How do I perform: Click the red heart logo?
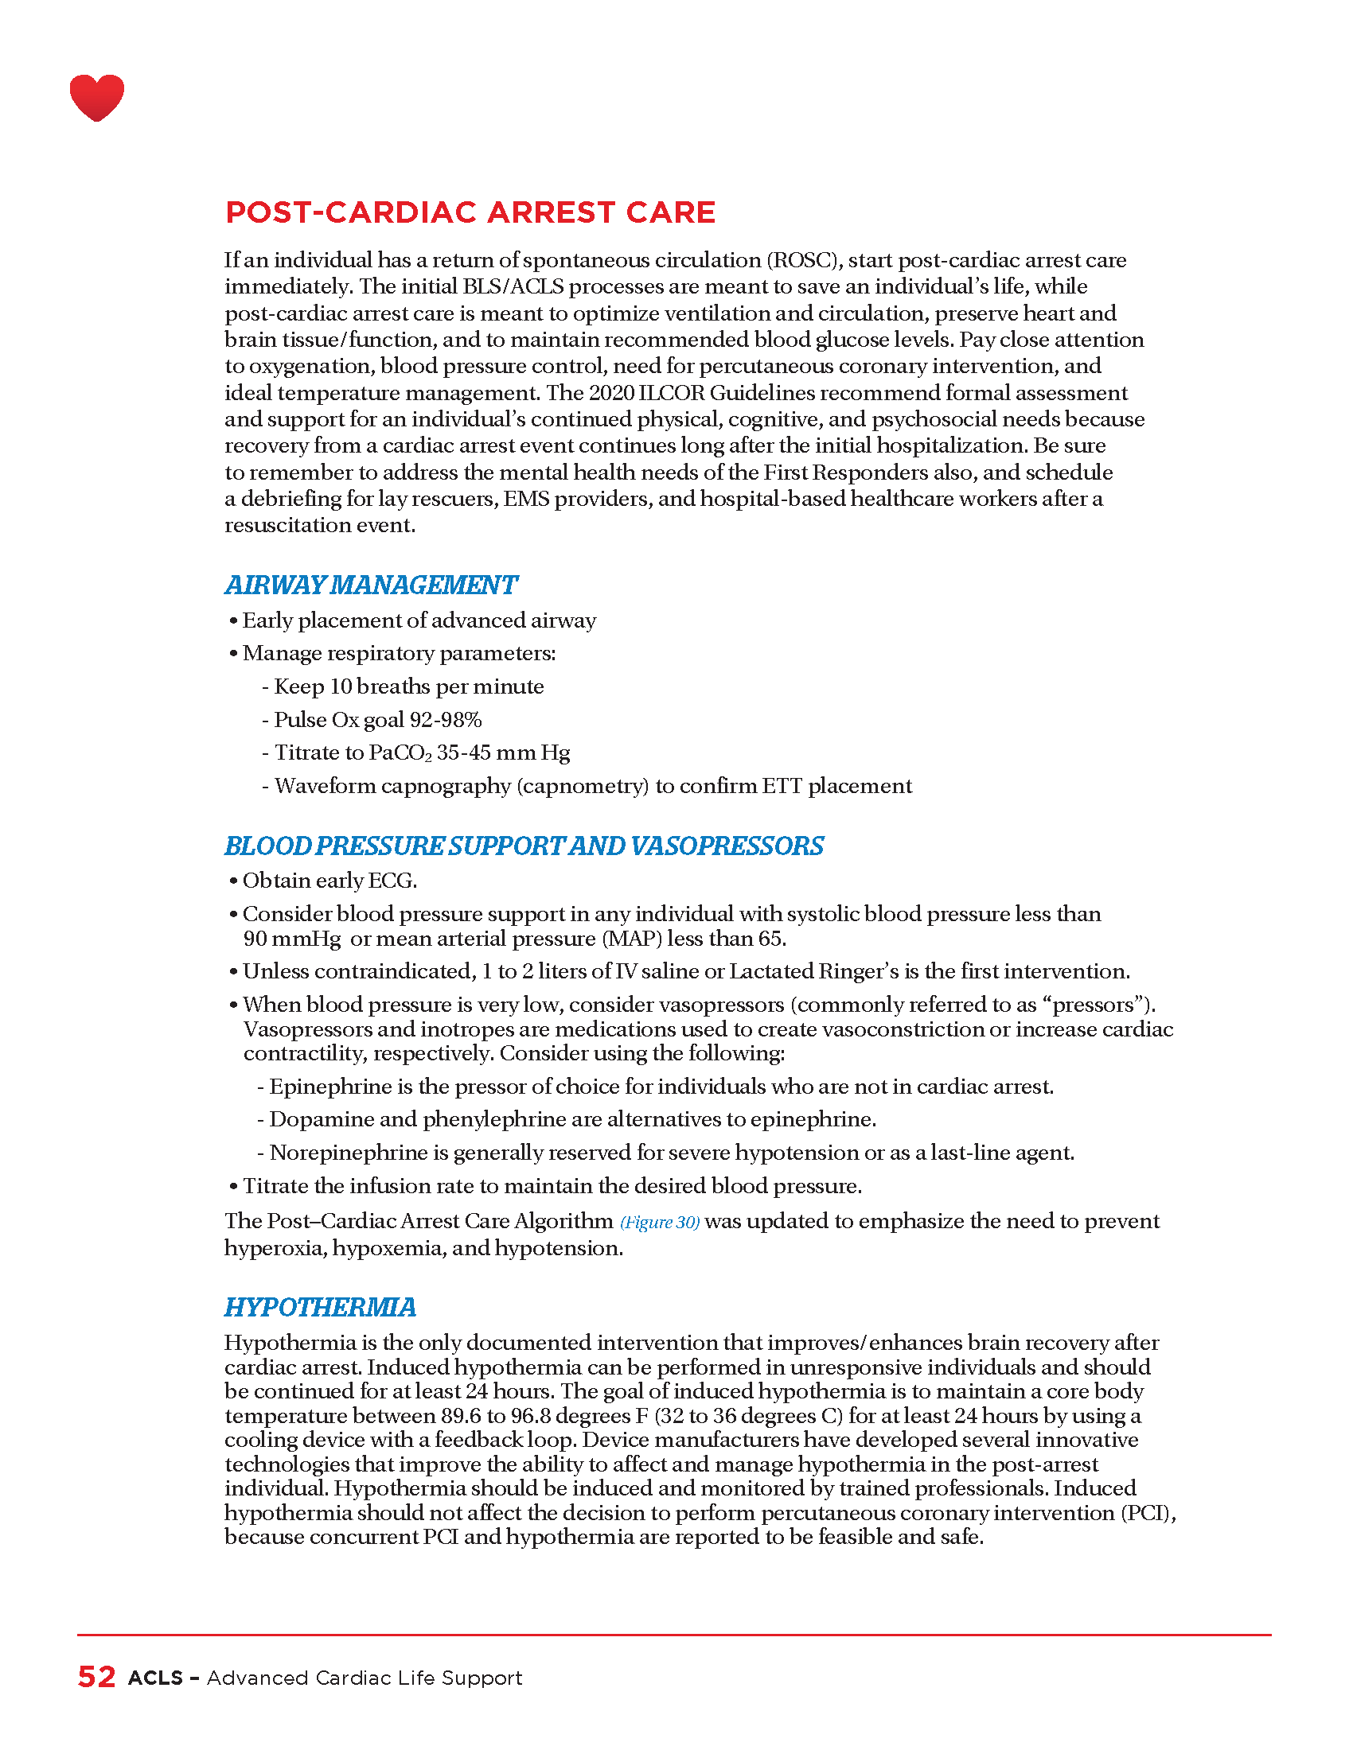coord(97,97)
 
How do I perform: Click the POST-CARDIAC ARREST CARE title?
coord(470,212)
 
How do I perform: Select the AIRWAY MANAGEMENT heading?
coord(371,585)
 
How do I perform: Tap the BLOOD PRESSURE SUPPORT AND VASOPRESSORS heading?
coord(524,846)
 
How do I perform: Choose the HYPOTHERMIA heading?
coord(320,1307)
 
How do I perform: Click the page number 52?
coord(96,1677)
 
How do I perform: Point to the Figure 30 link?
coord(660,1222)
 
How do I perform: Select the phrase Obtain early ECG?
coord(329,881)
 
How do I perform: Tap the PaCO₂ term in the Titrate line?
coord(400,753)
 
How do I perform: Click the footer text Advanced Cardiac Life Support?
coord(364,1678)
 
